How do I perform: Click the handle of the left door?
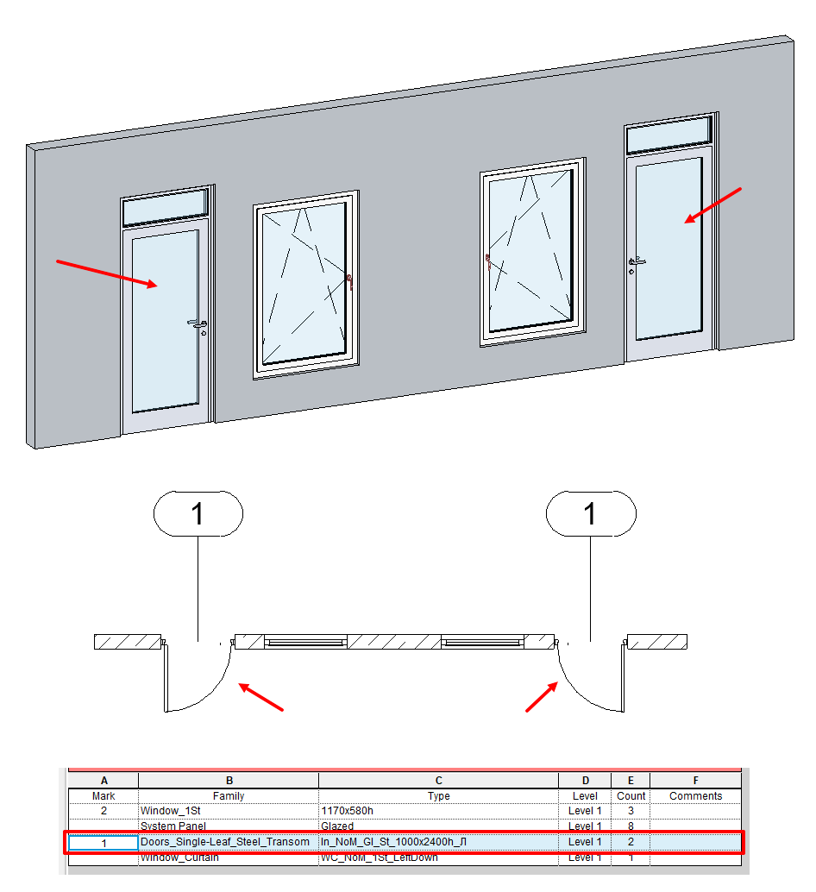(198, 324)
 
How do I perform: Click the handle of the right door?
(637, 261)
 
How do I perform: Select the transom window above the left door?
(166, 208)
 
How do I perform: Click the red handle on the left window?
(349, 281)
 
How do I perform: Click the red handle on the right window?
(488, 261)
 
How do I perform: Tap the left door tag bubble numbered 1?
(198, 514)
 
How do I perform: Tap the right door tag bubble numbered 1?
(591, 514)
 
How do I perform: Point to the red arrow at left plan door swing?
(260, 697)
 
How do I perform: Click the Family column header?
(229, 796)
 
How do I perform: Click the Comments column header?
(695, 796)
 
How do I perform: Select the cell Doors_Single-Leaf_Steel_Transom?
(225, 842)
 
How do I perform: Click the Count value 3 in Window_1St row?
(631, 811)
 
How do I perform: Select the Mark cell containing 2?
(104, 811)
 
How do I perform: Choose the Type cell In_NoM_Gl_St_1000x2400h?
(392, 842)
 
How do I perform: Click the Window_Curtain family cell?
(179, 857)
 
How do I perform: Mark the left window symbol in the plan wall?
(305, 642)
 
